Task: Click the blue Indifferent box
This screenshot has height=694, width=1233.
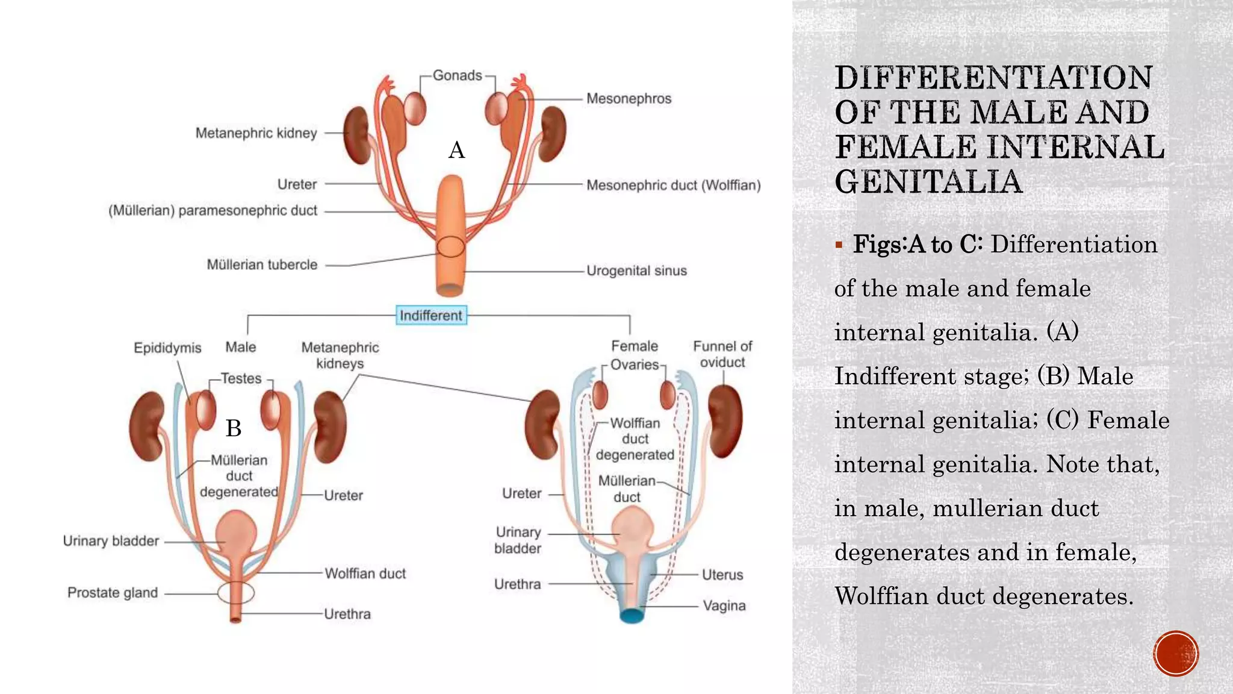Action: click(431, 315)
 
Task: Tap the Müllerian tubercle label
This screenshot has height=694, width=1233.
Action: click(262, 264)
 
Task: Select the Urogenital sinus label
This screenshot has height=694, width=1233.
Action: click(636, 270)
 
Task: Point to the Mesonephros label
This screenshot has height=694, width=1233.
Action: click(629, 98)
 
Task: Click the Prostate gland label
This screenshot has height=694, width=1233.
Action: click(113, 593)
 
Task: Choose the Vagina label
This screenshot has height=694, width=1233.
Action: click(724, 605)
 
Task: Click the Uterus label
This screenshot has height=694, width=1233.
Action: click(722, 575)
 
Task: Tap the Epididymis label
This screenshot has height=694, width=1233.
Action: click(167, 348)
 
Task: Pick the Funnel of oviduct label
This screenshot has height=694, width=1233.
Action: click(722, 354)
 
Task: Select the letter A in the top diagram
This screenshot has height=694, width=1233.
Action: click(457, 150)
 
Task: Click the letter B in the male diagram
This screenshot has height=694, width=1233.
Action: click(234, 428)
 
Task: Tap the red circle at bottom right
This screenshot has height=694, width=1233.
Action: click(1176, 654)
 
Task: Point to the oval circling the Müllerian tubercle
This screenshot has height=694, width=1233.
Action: click(451, 247)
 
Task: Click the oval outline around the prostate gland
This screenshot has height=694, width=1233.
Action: click(236, 593)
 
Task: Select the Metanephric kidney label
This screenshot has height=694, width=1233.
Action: click(256, 133)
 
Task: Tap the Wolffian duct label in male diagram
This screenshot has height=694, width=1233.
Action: click(365, 574)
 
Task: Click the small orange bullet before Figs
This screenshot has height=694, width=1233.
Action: click(839, 245)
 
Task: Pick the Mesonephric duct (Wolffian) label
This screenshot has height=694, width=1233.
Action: click(673, 185)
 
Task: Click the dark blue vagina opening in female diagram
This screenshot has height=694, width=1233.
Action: click(632, 616)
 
